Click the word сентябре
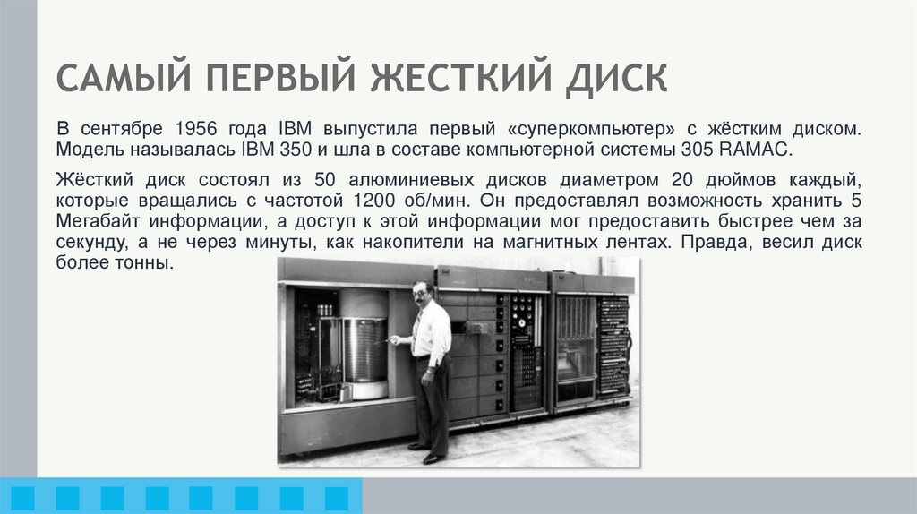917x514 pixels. click(124, 127)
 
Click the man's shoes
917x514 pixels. click(427, 453)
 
